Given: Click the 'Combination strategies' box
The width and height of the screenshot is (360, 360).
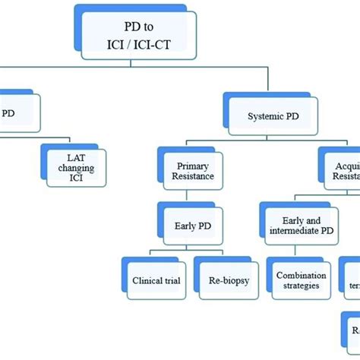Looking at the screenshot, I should tap(302, 281).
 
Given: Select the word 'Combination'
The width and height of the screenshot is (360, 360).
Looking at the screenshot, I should tap(302, 275).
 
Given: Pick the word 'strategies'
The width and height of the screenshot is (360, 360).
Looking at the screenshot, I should tap(302, 287).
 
